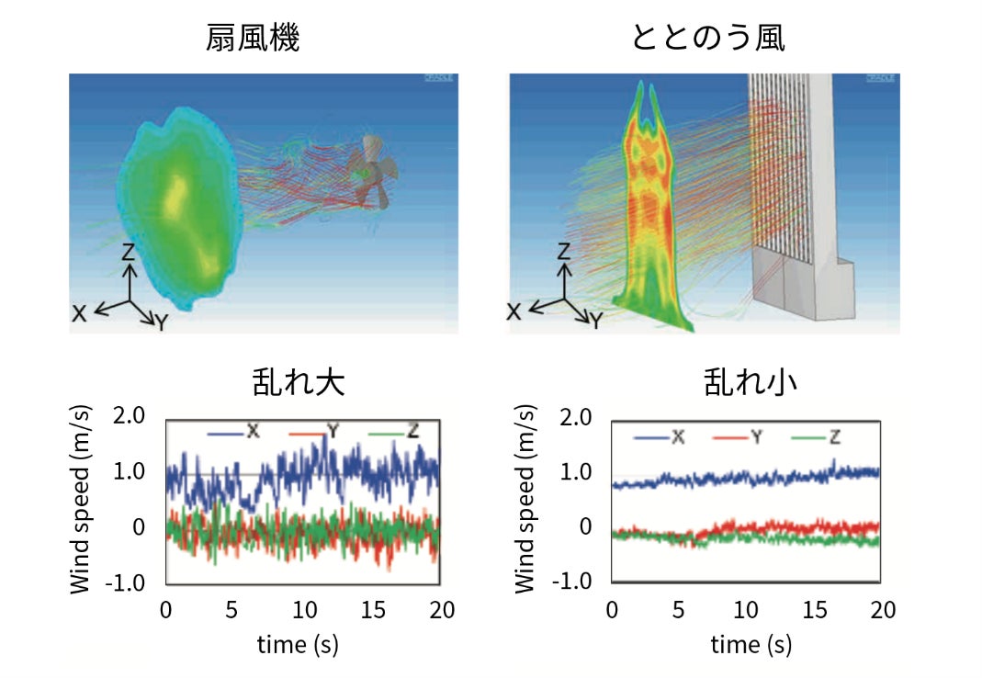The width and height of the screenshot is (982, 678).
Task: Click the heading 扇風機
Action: (253, 39)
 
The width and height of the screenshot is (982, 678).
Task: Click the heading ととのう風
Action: (707, 39)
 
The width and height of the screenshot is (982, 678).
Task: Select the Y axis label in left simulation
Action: (160, 322)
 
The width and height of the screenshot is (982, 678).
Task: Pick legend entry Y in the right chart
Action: (756, 436)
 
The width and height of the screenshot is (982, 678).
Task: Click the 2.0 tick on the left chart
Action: (129, 416)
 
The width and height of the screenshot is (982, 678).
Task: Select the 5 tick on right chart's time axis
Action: (680, 610)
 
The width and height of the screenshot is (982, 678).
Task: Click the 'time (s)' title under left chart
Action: (298, 645)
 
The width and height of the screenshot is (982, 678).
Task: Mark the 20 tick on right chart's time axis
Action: (881, 610)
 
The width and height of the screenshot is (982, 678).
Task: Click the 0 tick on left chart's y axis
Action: (139, 527)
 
